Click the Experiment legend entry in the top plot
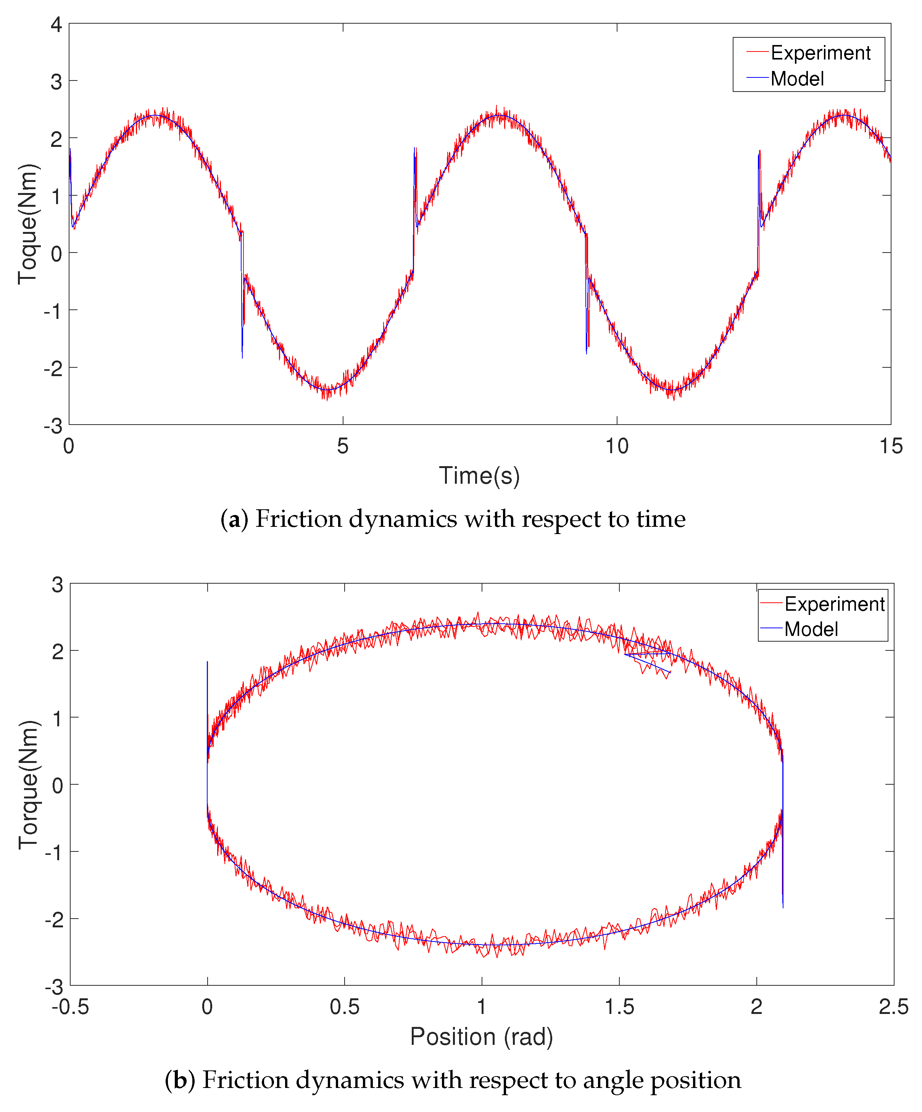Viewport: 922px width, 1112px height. [x=819, y=53]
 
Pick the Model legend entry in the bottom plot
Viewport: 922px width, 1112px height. [x=810, y=629]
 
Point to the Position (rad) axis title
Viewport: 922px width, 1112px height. [x=481, y=1036]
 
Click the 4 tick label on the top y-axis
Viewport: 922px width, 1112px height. [x=56, y=24]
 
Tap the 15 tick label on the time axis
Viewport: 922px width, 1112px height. [x=891, y=446]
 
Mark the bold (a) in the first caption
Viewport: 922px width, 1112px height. [x=234, y=519]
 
